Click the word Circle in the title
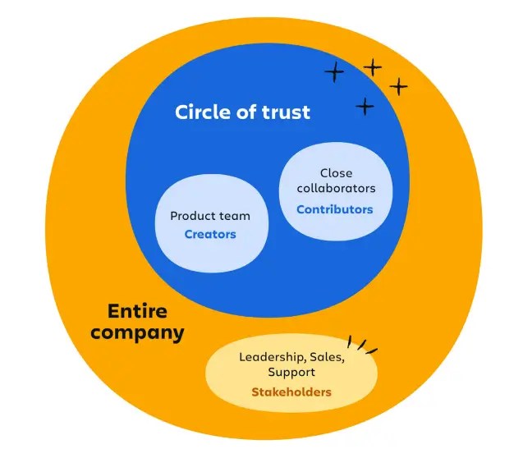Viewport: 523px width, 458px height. click(202, 112)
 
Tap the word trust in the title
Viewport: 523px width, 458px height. click(284, 112)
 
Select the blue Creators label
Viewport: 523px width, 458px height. click(210, 234)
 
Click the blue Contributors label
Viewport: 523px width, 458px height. click(334, 209)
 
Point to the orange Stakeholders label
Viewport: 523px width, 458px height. click(291, 392)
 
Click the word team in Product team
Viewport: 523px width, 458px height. click(235, 216)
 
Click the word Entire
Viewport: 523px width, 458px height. click(137, 312)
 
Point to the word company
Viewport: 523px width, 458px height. click(137, 333)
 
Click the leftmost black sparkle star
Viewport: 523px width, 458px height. click(334, 73)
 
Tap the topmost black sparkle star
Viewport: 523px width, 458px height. click(373, 67)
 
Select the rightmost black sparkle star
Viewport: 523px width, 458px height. click(398, 86)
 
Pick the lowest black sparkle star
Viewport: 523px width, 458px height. click(365, 106)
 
